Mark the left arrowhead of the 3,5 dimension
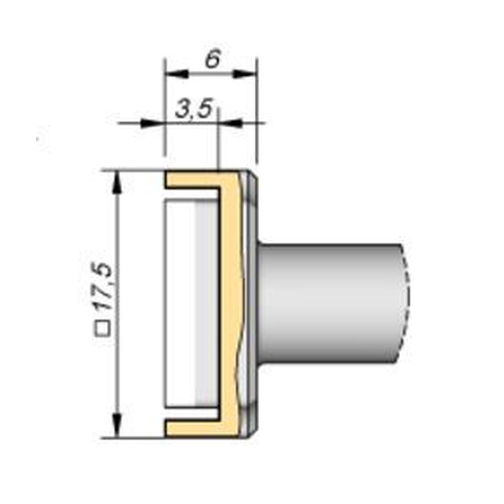pyautogui.click(x=154, y=122)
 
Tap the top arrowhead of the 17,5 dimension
pyautogui.click(x=117, y=181)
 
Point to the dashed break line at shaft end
pyautogui.click(x=407, y=302)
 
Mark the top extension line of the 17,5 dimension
pyautogui.click(x=134, y=170)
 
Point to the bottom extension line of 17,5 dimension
pyautogui.click(x=134, y=438)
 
